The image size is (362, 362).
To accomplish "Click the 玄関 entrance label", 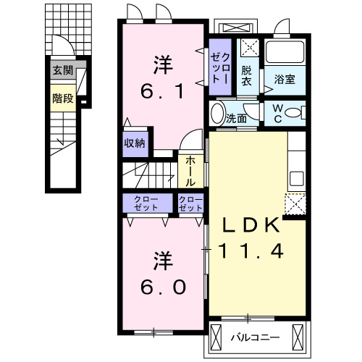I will coord(63,71).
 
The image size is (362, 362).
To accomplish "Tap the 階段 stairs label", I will coord(63,98).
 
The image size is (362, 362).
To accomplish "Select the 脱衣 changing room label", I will coord(248,76).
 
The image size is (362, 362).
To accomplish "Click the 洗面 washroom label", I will coord(236,116).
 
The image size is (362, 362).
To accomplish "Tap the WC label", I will coord(277,114).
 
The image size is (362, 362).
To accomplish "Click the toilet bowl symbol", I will coord(294,114).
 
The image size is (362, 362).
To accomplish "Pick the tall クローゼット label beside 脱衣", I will coord(220,65).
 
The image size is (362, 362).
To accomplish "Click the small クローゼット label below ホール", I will coord(190,203).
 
